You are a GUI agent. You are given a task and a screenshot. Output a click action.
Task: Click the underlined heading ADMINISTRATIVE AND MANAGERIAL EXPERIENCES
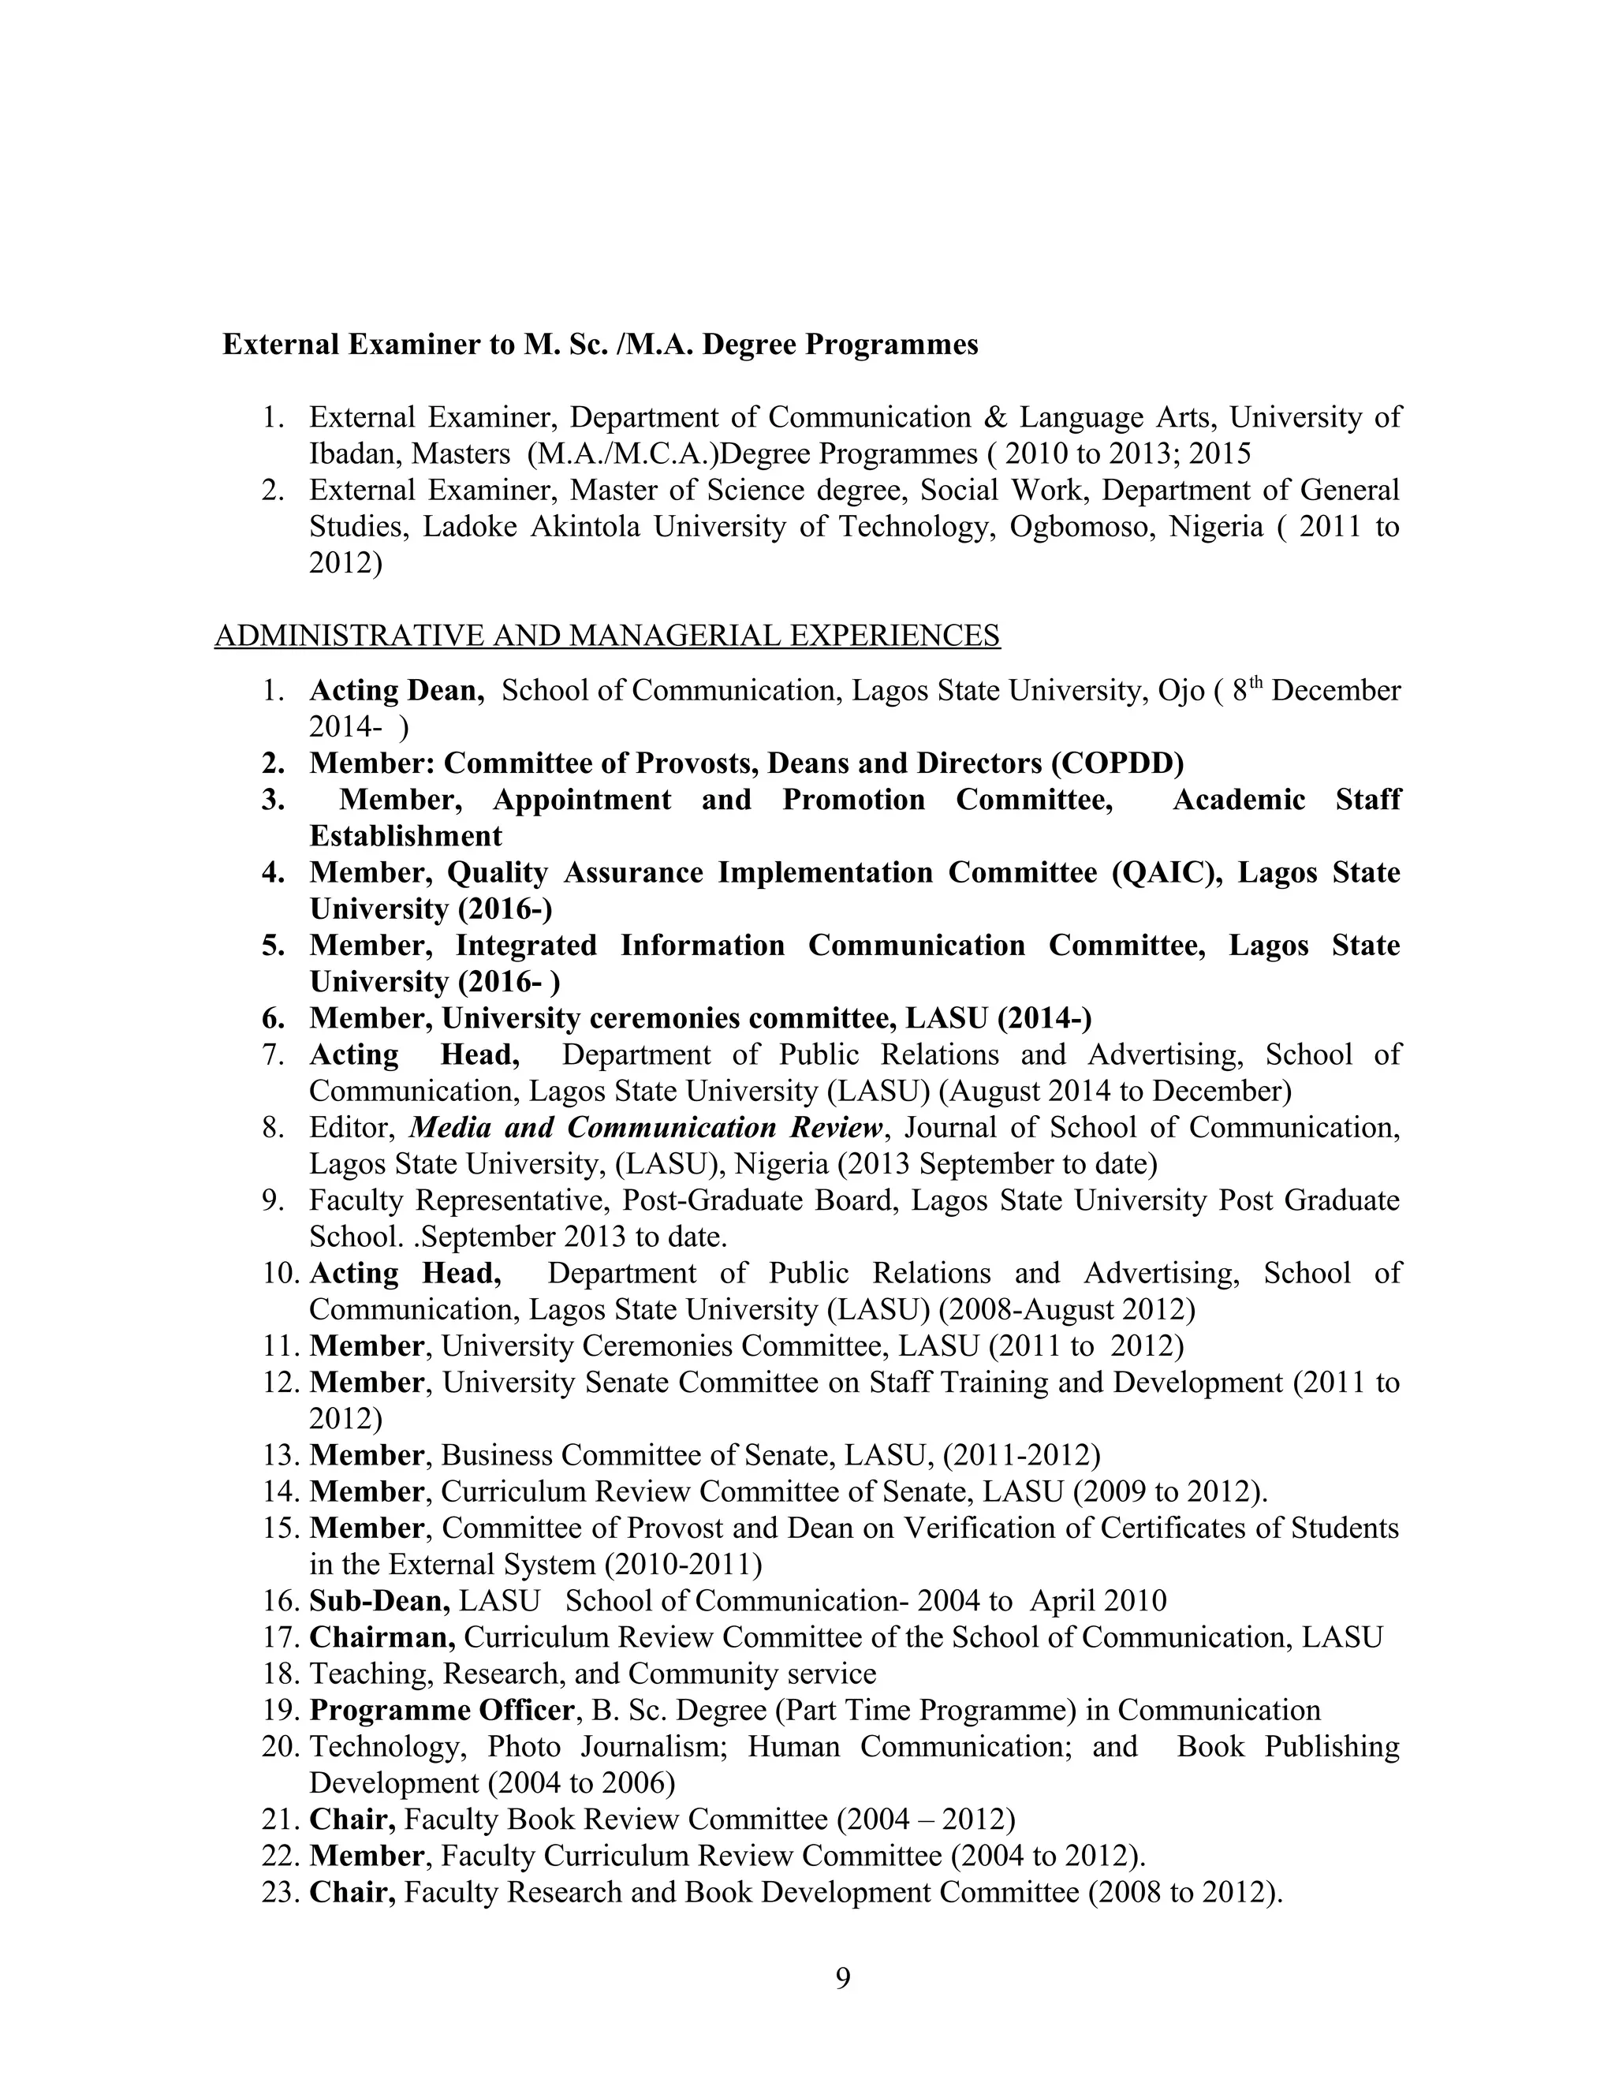pos(606,636)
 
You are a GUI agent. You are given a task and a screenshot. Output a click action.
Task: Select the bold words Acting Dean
pos(396,690)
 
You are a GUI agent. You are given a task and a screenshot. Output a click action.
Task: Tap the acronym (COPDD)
pos(1117,763)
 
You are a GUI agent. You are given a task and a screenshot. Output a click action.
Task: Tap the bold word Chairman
pos(382,1637)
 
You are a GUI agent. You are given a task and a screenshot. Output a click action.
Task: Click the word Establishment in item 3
pos(405,836)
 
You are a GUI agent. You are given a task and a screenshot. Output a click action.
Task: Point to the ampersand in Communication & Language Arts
pos(994,417)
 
